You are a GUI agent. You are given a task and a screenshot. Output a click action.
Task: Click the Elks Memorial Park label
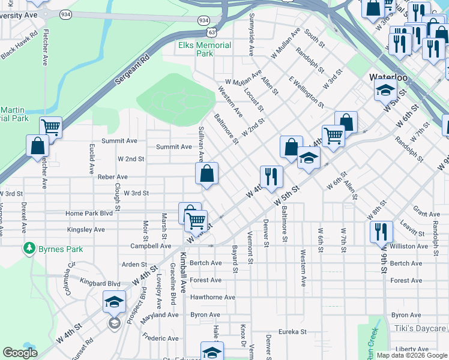click(205, 49)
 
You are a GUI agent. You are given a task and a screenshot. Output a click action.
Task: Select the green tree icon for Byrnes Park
click(29, 248)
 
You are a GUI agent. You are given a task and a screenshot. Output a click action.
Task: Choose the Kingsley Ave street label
click(86, 229)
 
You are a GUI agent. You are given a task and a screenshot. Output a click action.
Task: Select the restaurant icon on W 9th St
click(381, 231)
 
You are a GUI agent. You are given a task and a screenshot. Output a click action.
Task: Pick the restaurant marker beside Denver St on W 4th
click(271, 176)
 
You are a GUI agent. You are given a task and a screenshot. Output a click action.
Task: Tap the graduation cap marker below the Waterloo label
click(384, 91)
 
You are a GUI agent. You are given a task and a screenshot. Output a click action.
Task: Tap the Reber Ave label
click(113, 177)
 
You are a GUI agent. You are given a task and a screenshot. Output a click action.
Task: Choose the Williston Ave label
click(408, 246)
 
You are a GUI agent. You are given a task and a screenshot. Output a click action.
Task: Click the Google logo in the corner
click(20, 353)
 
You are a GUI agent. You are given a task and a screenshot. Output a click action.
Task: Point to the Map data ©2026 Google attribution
click(411, 355)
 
